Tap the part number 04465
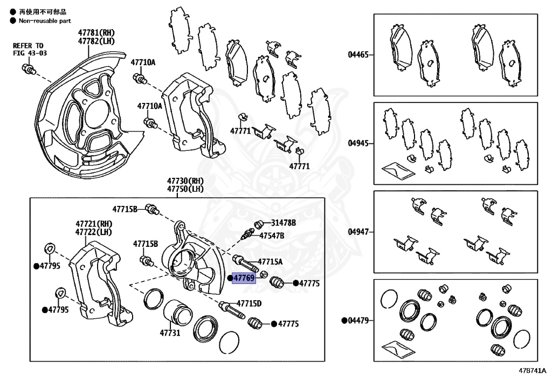(x=358, y=54)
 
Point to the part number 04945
(x=358, y=143)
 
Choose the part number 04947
(x=358, y=232)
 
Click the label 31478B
(x=284, y=223)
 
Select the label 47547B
(x=272, y=235)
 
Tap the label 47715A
(x=270, y=262)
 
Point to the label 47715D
(x=249, y=303)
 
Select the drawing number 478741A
(x=532, y=372)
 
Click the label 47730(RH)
(x=185, y=181)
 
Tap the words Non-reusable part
(x=45, y=21)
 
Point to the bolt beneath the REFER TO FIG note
(x=28, y=69)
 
